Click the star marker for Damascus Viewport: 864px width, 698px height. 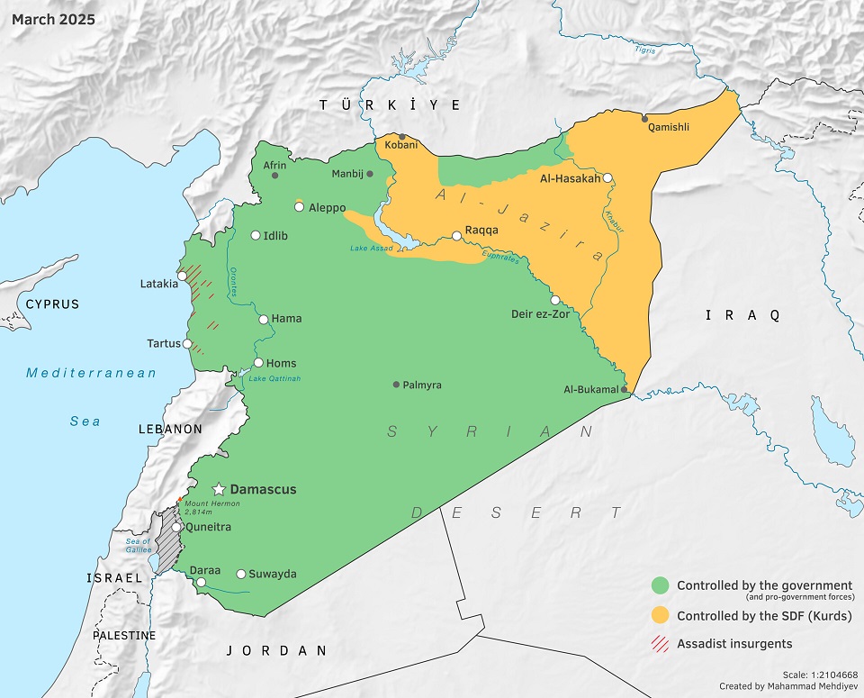[x=218, y=489]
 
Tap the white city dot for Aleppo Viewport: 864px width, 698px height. [x=299, y=207]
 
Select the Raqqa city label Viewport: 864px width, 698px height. [x=481, y=230]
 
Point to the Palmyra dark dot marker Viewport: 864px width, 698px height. [x=396, y=385]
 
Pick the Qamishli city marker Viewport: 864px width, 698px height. [x=643, y=118]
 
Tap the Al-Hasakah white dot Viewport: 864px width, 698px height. [x=608, y=178]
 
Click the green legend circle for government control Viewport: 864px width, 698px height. [x=661, y=585]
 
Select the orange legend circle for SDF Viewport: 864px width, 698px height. [x=661, y=616]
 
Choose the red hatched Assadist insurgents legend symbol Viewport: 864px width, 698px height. [x=661, y=643]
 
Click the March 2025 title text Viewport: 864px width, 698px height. [x=52, y=18]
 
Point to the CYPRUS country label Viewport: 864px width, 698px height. [x=52, y=304]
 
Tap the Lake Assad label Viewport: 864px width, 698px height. [x=372, y=248]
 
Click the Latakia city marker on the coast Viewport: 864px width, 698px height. [x=183, y=276]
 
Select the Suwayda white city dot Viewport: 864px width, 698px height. [x=241, y=574]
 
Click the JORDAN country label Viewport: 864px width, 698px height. [x=275, y=649]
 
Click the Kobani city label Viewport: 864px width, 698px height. [x=400, y=144]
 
